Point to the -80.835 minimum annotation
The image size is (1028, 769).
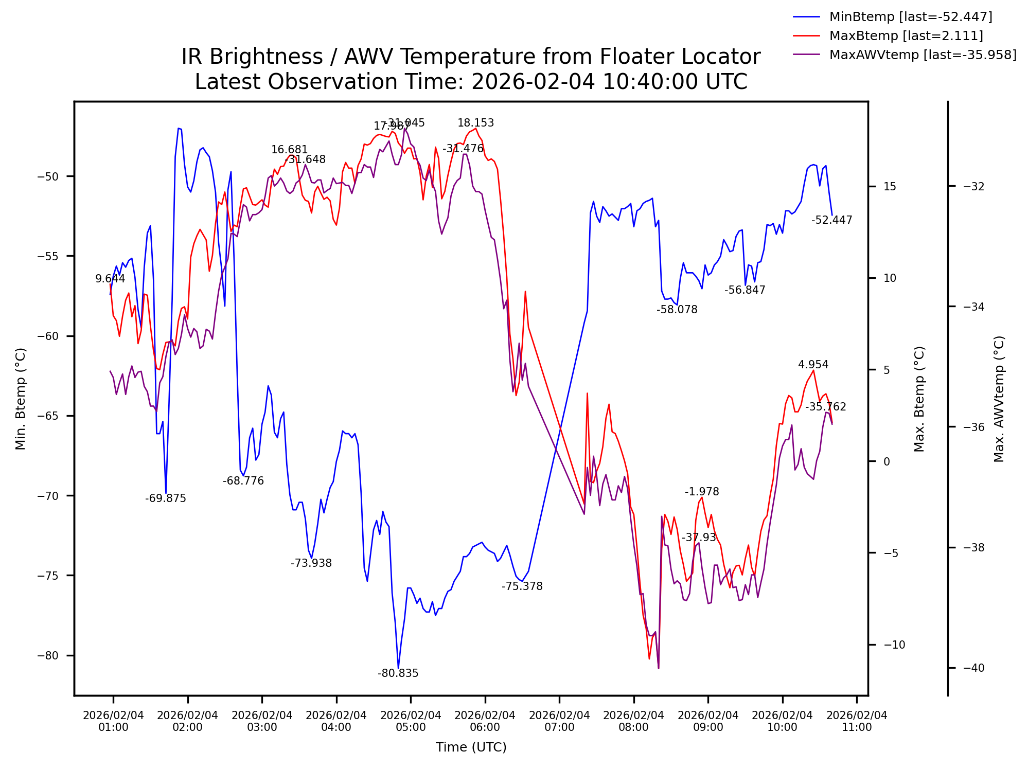coord(398,673)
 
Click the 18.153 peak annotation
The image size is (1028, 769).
coord(475,123)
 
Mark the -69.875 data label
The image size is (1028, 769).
coord(165,498)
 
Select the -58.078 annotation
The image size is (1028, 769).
coord(677,310)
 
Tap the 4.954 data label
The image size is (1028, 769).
coord(813,365)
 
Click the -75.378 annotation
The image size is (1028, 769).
coord(522,586)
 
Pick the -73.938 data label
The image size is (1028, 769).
coord(311,563)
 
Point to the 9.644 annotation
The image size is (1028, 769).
coord(110,279)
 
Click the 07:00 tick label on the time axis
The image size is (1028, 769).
coord(559,721)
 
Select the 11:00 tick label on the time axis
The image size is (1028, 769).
coord(857,721)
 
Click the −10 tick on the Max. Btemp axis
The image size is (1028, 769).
coord(894,645)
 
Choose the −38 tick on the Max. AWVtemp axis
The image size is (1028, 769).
coord(973,548)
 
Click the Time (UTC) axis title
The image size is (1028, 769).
coord(471,747)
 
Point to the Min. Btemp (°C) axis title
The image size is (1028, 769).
coord(21,399)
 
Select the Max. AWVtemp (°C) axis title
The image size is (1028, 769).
coord(999,399)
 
